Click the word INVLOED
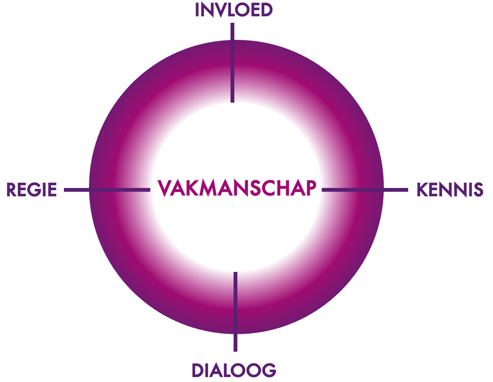click(234, 10)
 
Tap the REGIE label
click(32, 189)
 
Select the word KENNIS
click(450, 189)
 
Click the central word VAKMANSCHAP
click(237, 188)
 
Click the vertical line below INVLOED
click(232, 63)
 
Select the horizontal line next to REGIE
click(107, 190)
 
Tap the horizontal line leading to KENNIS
click(365, 190)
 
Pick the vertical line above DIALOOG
click(235, 312)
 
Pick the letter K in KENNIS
click(423, 189)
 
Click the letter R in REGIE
click(12, 189)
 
